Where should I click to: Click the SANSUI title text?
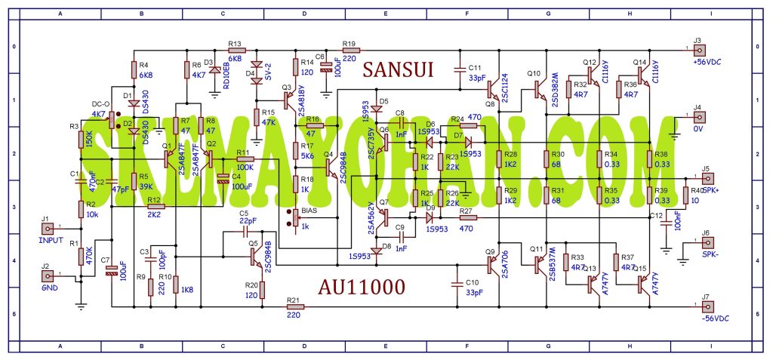398,70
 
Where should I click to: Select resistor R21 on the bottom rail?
294,307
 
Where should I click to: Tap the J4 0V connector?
699,117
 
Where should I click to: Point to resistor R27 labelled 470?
465,218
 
